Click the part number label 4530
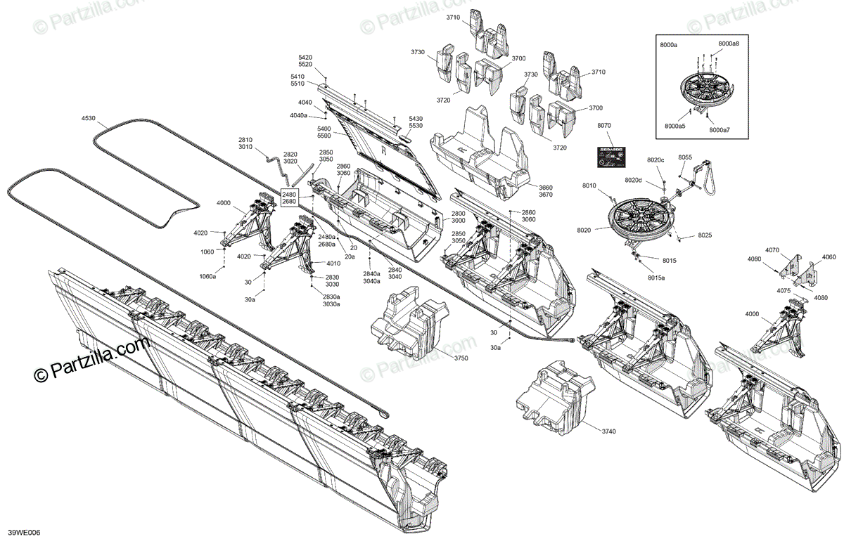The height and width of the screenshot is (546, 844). [88, 119]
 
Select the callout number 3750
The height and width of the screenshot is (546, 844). [461, 358]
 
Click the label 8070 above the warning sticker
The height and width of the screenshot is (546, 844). [604, 126]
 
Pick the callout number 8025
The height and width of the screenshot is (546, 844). [705, 235]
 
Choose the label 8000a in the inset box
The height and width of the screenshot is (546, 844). [668, 45]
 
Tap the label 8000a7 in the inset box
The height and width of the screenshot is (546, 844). [720, 130]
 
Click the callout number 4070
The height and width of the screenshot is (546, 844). [772, 250]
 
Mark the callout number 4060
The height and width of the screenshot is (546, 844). [829, 257]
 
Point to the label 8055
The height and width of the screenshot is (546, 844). [685, 157]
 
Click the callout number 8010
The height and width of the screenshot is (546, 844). [589, 186]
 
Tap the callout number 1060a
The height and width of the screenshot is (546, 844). [207, 276]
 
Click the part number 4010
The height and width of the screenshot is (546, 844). [333, 264]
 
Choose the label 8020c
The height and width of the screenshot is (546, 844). [656, 160]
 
